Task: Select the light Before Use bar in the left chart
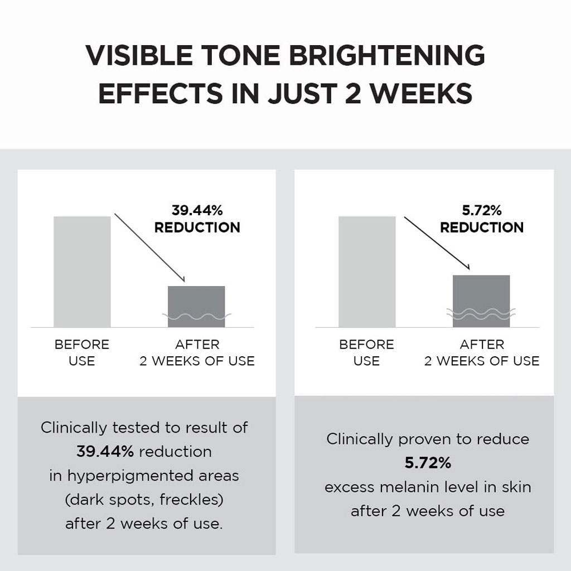[82, 272]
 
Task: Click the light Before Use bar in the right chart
[367, 272]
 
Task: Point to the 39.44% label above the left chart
[197, 211]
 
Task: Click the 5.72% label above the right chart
[482, 211]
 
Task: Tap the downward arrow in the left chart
[149, 248]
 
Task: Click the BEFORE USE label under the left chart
[82, 352]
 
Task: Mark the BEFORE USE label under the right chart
[366, 352]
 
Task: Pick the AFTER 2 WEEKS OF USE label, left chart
[197, 352]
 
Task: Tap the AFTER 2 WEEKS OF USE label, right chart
[482, 352]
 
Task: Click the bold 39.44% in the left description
[105, 452]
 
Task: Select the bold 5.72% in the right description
[428, 463]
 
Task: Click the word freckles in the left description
[191, 500]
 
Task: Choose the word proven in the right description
[420, 439]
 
